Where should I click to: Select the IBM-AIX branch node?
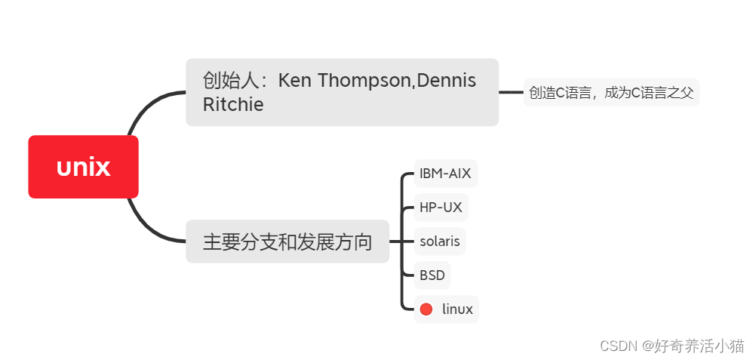point(445,174)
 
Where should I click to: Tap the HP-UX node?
point(441,208)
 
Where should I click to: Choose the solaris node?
point(440,242)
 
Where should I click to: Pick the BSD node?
point(432,275)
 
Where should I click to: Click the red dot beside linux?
point(426,309)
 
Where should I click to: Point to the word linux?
point(457,309)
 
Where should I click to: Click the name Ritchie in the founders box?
point(233,105)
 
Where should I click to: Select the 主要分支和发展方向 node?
point(287,242)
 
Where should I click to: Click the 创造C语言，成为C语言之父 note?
point(611,93)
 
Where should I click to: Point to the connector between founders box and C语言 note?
point(511,92)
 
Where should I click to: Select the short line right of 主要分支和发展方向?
point(397,242)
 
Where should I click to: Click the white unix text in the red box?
point(83,167)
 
